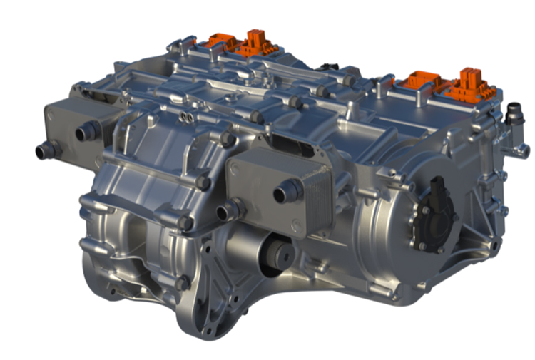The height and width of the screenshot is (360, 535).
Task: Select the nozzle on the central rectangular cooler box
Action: (x=289, y=190)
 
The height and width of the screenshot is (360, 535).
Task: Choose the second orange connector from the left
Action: (x=250, y=44)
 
